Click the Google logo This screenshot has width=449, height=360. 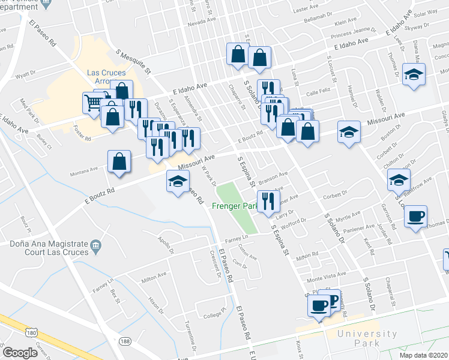click(x=20, y=352)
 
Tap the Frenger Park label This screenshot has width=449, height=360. click(x=235, y=206)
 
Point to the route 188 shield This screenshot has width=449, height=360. click(x=125, y=341)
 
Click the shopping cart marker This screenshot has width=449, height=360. click(x=93, y=104)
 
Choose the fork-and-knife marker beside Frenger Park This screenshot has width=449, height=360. click(x=268, y=200)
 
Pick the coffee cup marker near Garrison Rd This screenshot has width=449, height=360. click(x=417, y=216)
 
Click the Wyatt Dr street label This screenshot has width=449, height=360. click(x=26, y=76)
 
